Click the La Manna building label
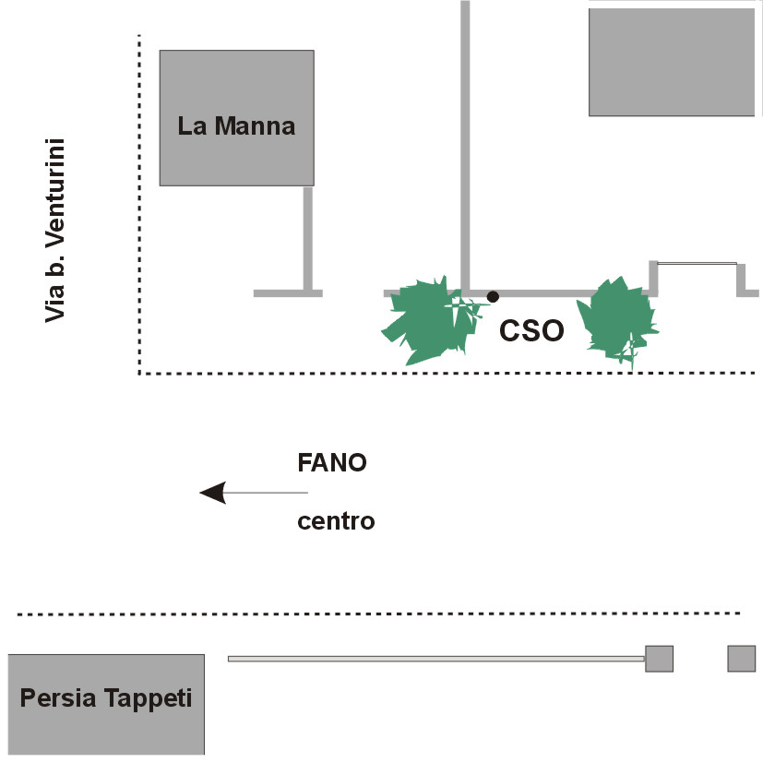point(236,126)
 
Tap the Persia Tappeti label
point(106,698)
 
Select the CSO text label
point(531,331)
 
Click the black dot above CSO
point(494,296)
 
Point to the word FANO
point(332,462)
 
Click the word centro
point(336,521)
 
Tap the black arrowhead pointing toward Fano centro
point(214,493)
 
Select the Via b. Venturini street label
point(56,230)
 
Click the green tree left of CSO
point(427,320)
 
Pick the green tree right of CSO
point(623,320)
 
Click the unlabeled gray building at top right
point(675,61)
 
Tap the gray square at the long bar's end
point(659,659)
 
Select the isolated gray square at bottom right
point(742,659)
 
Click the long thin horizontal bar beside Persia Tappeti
point(434,659)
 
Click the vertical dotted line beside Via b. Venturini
point(139,203)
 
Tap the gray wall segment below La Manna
point(307,240)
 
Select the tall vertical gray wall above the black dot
point(465,138)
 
